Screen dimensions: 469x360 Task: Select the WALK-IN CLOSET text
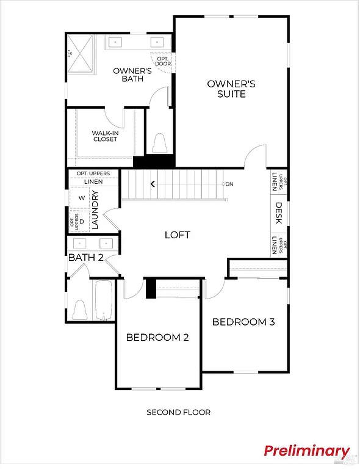tap(105, 136)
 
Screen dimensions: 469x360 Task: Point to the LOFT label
tap(178, 234)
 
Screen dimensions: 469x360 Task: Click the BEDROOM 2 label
tap(157, 337)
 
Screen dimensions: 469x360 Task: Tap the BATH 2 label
tap(85, 257)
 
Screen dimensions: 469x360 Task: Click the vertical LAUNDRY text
tap(95, 209)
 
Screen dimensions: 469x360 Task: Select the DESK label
tap(278, 213)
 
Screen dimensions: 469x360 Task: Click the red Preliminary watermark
tap(307, 451)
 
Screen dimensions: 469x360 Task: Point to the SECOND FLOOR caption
tap(178, 412)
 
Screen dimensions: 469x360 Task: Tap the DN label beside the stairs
tap(229, 184)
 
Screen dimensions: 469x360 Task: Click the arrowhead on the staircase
tap(153, 183)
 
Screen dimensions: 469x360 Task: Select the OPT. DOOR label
tap(163, 60)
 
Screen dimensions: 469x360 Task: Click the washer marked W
tap(81, 198)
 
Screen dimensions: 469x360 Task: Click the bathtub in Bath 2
tap(104, 300)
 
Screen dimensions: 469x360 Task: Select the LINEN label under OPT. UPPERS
tap(93, 181)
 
